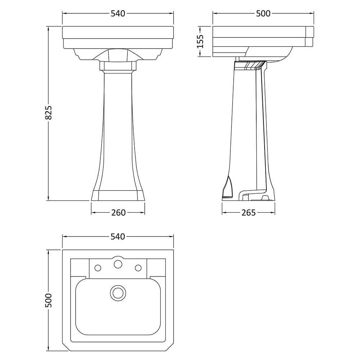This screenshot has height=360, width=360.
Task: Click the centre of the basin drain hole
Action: click(118, 293)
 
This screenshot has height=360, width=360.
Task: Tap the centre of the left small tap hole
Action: click(98, 268)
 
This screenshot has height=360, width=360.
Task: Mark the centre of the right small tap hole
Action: click(138, 268)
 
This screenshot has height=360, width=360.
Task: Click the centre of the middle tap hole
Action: click(118, 264)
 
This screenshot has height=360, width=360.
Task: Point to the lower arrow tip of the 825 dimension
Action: click(48, 200)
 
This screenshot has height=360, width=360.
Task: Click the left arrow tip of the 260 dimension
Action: click(91, 213)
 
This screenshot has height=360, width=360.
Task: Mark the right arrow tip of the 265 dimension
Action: click(275, 213)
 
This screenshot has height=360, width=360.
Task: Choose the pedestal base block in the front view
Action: click(118, 195)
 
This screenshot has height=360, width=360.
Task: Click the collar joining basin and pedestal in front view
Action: click(118, 66)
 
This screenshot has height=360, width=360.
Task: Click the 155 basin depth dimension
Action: click(200, 41)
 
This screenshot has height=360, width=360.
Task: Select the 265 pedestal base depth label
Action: click(248, 213)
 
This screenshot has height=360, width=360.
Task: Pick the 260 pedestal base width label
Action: click(118, 213)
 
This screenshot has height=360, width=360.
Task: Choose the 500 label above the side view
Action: click(263, 14)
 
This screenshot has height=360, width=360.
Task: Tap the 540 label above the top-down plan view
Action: click(118, 237)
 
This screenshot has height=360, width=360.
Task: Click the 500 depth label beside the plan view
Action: click(49, 300)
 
